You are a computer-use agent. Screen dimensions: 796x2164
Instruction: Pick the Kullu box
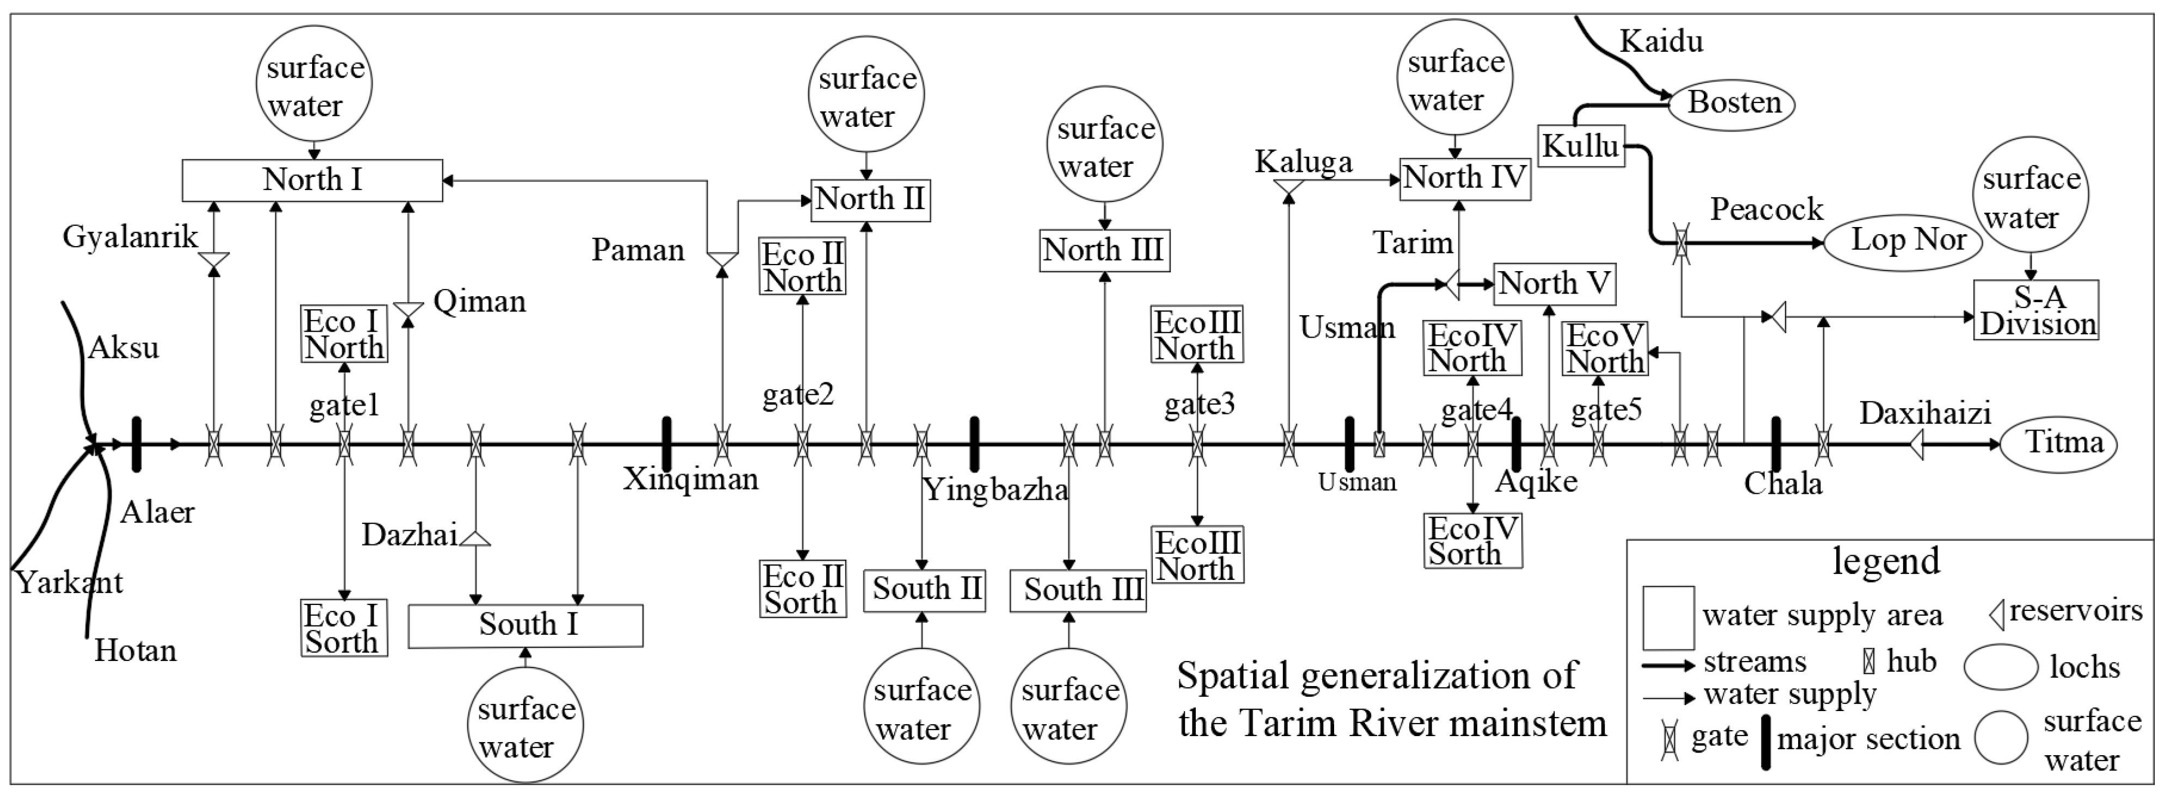pos(1580,146)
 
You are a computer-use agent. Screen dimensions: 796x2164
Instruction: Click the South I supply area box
pos(526,626)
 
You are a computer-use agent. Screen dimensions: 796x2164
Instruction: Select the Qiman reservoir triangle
pos(408,310)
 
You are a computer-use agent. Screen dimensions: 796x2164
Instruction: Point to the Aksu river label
pos(124,347)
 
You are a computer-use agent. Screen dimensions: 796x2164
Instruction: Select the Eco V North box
pos(1605,348)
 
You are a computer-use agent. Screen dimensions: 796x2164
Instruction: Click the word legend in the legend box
pos(1886,561)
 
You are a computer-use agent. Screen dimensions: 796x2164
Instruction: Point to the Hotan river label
pos(135,651)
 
